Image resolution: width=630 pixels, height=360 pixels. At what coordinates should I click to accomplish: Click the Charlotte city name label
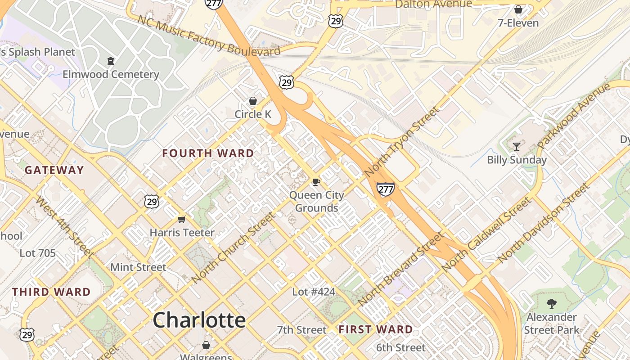point(199,320)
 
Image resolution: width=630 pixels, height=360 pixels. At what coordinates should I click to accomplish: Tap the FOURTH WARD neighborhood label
point(208,153)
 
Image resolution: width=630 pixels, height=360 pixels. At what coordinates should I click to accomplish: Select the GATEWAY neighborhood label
point(54,170)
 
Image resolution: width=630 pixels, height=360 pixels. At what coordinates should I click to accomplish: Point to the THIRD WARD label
point(51,292)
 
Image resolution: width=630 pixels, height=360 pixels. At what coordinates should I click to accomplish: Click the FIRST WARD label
point(376,330)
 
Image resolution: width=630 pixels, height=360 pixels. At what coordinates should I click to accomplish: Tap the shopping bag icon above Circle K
point(253,101)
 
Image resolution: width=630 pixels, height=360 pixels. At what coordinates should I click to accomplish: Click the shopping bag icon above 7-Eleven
point(518,9)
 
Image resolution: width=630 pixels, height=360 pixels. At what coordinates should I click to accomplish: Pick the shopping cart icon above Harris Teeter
point(181,219)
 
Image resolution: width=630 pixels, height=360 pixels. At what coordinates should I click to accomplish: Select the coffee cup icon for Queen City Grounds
point(316,182)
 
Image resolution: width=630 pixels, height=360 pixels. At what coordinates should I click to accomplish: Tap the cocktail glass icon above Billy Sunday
point(517,146)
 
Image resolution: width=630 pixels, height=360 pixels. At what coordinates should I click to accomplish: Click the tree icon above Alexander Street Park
point(551,304)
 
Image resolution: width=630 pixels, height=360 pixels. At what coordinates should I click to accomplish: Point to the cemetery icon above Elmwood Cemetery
point(111,61)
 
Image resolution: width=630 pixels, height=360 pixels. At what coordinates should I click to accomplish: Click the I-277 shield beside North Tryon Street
point(386,189)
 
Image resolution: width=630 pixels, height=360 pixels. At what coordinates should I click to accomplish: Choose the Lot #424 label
point(314,292)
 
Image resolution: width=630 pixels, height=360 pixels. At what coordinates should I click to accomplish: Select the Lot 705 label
point(38,253)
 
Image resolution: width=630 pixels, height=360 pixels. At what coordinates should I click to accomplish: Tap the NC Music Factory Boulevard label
point(209,36)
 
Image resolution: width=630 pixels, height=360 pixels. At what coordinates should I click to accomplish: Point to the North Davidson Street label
point(543,223)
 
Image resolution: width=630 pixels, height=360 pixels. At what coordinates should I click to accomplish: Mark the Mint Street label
point(138,267)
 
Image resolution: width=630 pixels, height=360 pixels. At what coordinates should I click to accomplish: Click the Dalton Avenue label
point(433,4)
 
